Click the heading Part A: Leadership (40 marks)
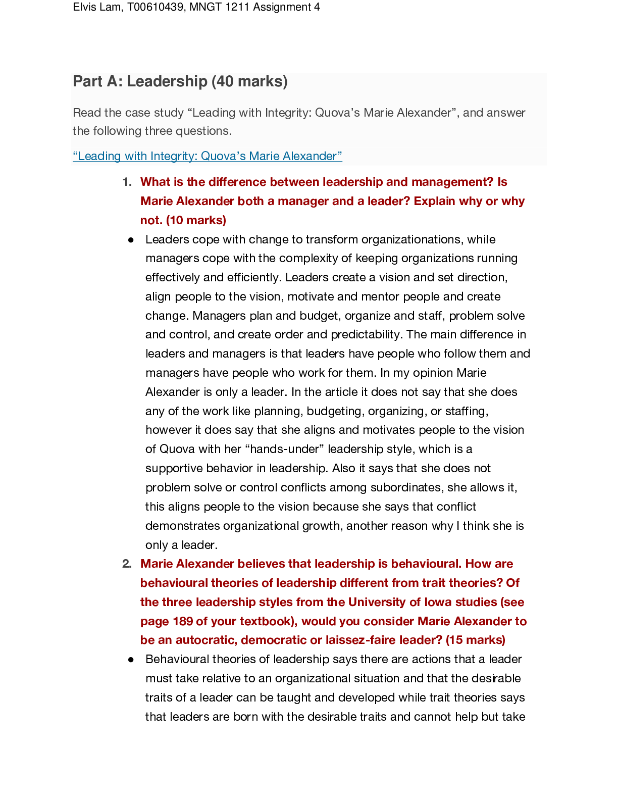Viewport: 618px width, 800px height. pos(180,81)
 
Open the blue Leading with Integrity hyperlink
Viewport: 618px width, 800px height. pos(208,156)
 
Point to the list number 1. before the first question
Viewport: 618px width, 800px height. pos(127,182)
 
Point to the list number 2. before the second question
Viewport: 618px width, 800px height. pos(127,564)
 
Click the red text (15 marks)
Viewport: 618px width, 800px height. pos(475,640)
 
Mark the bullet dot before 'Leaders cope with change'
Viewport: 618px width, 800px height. pos(131,240)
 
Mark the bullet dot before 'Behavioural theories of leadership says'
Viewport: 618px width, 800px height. pos(131,660)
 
